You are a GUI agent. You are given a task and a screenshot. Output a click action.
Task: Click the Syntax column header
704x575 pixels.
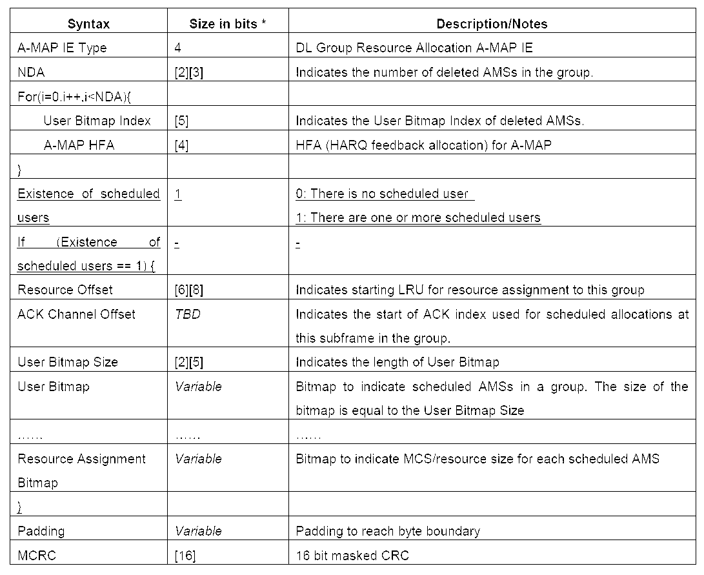[x=89, y=24]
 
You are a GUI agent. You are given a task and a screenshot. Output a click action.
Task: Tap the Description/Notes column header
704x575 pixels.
[x=492, y=24]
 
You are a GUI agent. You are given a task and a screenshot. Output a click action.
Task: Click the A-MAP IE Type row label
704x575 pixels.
[x=62, y=48]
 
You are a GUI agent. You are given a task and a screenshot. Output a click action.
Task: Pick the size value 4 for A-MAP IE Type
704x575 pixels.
[x=177, y=48]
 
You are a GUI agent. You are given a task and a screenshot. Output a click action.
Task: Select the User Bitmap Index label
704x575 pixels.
[x=97, y=121]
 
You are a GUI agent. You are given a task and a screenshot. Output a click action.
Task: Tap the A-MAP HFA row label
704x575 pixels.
[x=79, y=145]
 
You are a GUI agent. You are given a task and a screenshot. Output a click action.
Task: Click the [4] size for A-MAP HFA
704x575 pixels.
[x=181, y=145]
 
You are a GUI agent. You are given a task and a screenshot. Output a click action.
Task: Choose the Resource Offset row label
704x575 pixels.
[x=65, y=290]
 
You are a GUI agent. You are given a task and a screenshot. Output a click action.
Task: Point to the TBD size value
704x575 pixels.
[x=186, y=314]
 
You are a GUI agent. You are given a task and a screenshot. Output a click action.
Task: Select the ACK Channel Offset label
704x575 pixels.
[x=76, y=314]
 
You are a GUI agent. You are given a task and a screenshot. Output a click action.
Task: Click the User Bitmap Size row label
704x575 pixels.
[x=68, y=362]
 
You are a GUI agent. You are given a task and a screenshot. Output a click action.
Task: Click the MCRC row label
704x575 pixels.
[x=36, y=555]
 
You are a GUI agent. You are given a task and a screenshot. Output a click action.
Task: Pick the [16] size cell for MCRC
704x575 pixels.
[x=185, y=555]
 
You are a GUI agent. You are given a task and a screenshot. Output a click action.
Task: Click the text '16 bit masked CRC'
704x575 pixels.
[x=352, y=555]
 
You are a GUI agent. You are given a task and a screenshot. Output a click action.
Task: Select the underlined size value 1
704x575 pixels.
[x=178, y=194]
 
